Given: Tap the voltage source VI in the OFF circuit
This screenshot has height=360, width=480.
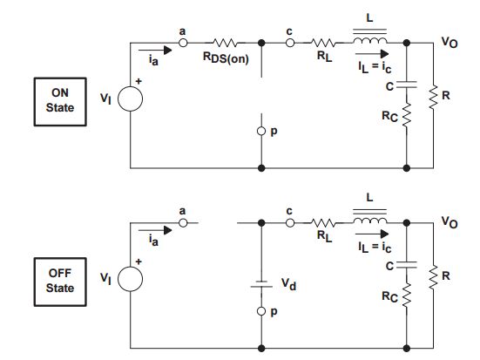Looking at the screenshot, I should pyautogui.click(x=130, y=280).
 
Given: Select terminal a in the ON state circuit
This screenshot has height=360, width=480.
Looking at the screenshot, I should pyautogui.click(x=183, y=42).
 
